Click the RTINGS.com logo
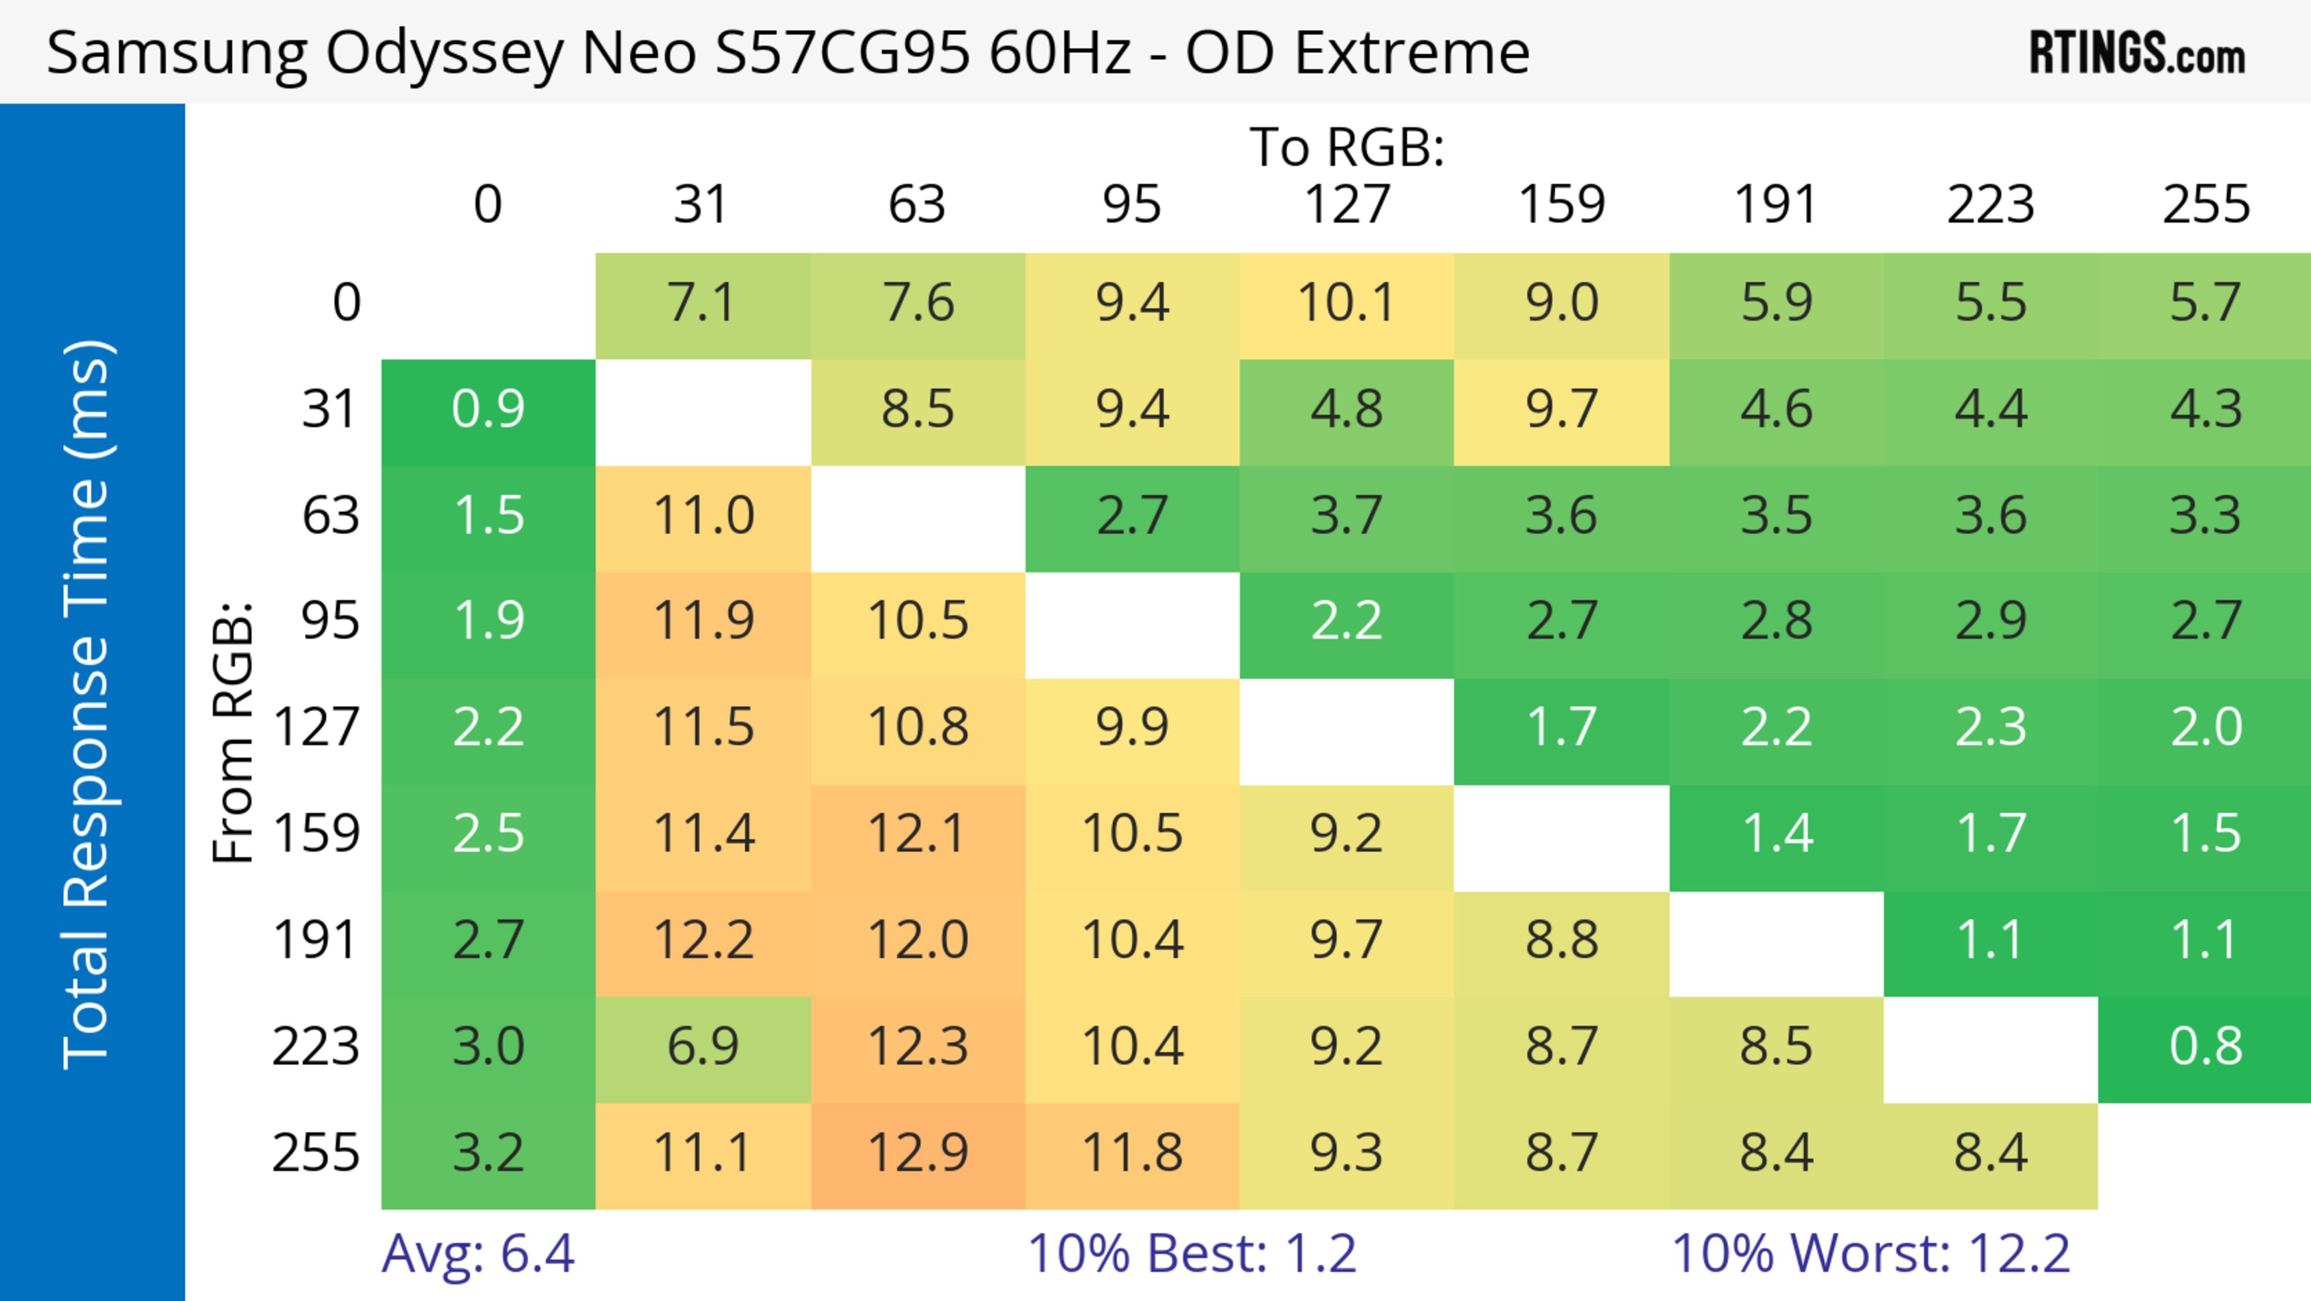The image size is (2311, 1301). pyautogui.click(x=2137, y=53)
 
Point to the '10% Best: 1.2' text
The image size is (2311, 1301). pyautogui.click(x=1192, y=1253)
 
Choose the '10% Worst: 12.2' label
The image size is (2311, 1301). pyautogui.click(x=1870, y=1253)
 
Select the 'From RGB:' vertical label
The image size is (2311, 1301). pyautogui.click(x=232, y=732)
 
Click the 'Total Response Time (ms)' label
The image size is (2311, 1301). pyautogui.click(x=87, y=704)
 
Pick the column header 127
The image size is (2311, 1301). pyautogui.click(x=1347, y=205)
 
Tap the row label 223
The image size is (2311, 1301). pyautogui.click(x=316, y=1047)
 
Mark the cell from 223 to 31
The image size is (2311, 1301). pyautogui.click(x=702, y=1047)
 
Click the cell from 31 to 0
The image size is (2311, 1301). pyautogui.click(x=488, y=409)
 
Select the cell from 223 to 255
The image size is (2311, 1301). pyautogui.click(x=2205, y=1047)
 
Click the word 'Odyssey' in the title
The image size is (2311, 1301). pyautogui.click(x=444, y=54)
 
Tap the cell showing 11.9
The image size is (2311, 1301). pyautogui.click(x=702, y=621)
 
